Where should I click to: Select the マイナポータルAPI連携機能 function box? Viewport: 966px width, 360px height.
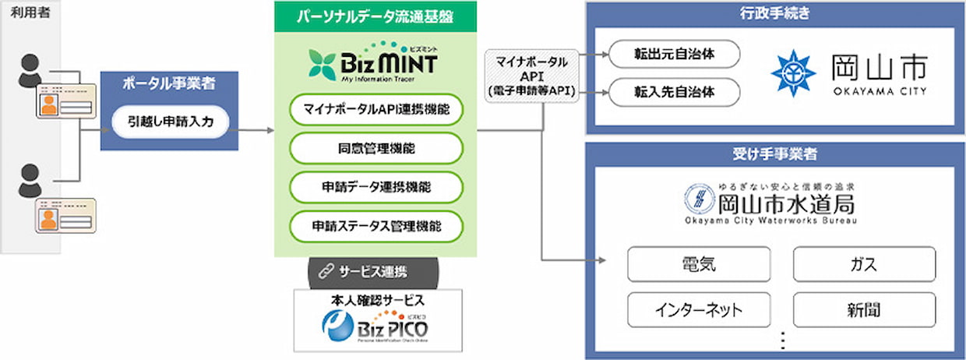[376, 109]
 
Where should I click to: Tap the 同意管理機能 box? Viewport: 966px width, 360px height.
[376, 148]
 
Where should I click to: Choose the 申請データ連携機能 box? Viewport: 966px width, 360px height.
[376, 187]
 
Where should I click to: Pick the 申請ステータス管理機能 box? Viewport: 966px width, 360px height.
[376, 227]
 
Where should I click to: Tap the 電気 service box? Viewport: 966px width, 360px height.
[698, 264]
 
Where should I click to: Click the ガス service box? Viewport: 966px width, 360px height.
[864, 264]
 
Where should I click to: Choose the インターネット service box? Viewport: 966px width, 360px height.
[698, 309]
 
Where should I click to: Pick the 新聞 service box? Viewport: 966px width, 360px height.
[864, 309]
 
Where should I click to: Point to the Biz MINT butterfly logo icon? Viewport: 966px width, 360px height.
[322, 64]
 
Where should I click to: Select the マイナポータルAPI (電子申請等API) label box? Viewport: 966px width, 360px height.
[531, 76]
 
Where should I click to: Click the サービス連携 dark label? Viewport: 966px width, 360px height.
[372, 271]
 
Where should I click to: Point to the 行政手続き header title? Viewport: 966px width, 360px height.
[776, 13]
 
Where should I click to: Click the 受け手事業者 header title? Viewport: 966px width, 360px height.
[776, 154]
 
